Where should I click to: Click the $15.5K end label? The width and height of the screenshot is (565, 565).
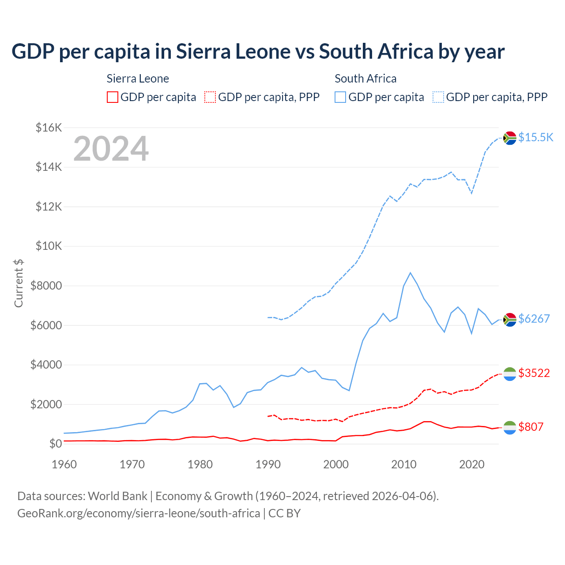tap(535, 137)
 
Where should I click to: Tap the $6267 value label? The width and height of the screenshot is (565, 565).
tap(534, 319)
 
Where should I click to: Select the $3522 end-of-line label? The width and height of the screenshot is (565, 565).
tap(534, 373)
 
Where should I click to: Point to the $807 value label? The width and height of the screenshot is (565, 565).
tap(531, 427)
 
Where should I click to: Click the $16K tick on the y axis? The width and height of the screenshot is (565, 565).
tap(49, 128)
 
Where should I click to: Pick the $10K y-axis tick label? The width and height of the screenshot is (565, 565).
tap(49, 246)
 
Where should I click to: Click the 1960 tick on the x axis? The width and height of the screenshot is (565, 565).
tap(64, 464)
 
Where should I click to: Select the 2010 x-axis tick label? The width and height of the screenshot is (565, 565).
tap(404, 464)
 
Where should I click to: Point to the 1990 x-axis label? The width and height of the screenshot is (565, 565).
tap(268, 464)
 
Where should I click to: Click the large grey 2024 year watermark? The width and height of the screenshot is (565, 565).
tap(111, 149)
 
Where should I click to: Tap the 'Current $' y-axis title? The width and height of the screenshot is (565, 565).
tap(19, 283)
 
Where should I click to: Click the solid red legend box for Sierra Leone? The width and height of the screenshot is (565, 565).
tap(113, 97)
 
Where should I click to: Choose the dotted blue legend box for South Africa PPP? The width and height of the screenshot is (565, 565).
tap(438, 97)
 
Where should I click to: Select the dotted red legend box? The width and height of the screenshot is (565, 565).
tap(210, 97)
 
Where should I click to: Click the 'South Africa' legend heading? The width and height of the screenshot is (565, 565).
tap(365, 79)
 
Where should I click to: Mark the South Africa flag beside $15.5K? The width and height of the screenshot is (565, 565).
tap(510, 138)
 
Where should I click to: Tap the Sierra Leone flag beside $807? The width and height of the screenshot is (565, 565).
tap(510, 427)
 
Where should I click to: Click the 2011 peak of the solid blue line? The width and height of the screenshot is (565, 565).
tap(411, 273)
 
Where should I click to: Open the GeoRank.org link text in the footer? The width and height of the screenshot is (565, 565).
tap(139, 513)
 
